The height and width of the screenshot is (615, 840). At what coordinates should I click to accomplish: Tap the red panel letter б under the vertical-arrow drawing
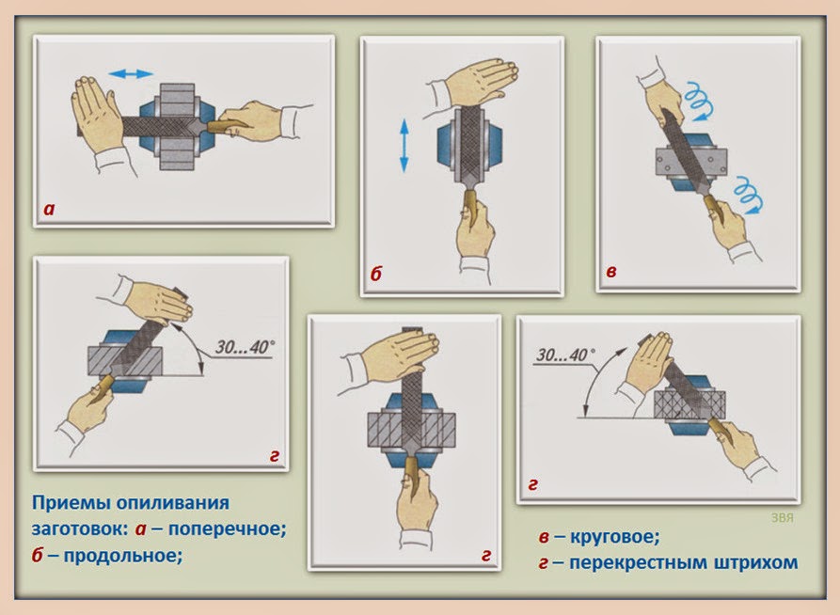[x=375, y=276]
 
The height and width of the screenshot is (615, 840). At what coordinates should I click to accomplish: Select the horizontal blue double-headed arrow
[x=130, y=72]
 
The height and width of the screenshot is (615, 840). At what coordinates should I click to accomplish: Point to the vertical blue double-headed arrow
[x=404, y=145]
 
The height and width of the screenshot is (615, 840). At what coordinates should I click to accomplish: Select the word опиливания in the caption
[x=169, y=503]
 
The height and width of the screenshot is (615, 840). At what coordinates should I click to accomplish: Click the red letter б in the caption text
[x=39, y=555]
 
